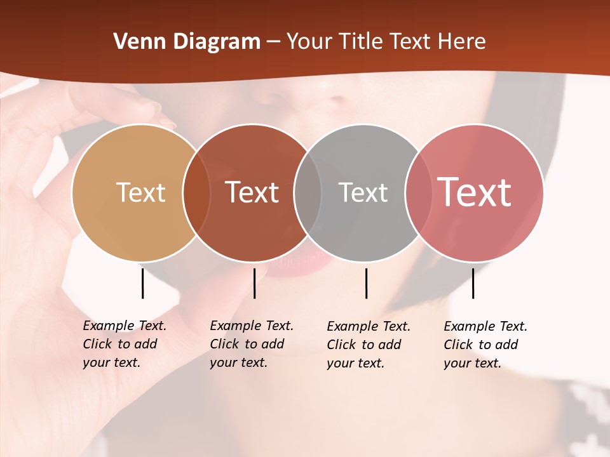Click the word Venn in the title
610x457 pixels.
[135, 42]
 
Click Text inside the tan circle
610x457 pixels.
[140, 192]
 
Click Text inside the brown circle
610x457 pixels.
[252, 192]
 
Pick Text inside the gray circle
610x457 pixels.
[363, 192]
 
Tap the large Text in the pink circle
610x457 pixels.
[474, 192]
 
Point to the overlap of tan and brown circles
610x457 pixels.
[196, 192]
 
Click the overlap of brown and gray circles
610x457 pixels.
[308, 192]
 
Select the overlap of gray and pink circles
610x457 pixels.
[418, 192]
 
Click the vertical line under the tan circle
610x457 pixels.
[142, 283]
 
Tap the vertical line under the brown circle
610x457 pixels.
[254, 283]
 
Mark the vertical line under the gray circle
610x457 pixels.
[366, 283]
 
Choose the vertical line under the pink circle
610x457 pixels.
[473, 283]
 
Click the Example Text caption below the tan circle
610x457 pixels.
[124, 344]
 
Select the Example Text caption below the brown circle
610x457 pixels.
[251, 344]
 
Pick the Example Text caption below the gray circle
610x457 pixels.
[368, 345]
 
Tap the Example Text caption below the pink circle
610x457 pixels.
[485, 345]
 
